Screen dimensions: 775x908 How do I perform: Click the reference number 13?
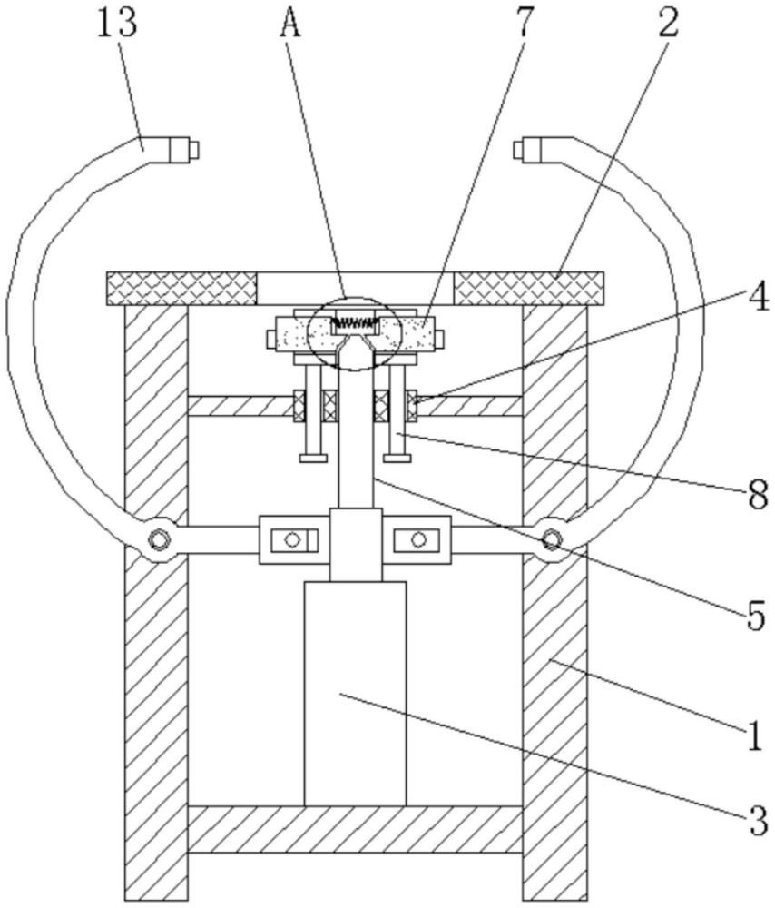[116, 24]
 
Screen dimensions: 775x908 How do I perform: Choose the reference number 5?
[756, 615]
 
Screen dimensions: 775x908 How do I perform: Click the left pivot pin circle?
[157, 539]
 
